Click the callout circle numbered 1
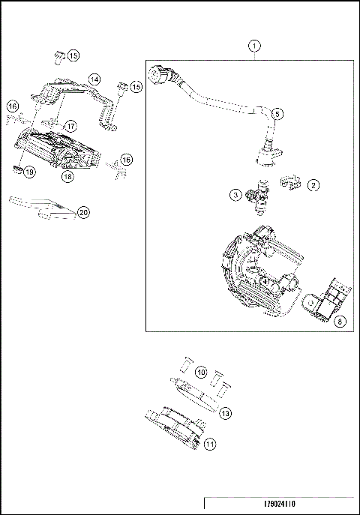click(255, 46)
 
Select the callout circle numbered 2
click(313, 184)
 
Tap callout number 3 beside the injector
click(235, 195)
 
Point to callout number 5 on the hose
click(277, 114)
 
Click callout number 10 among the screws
click(200, 372)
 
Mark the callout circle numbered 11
click(211, 444)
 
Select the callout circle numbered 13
click(225, 412)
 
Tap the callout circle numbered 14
click(94, 79)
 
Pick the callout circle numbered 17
click(70, 126)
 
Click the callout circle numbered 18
click(67, 177)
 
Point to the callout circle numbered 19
click(29, 172)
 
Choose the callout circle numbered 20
click(83, 213)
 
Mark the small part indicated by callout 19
click(17, 169)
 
